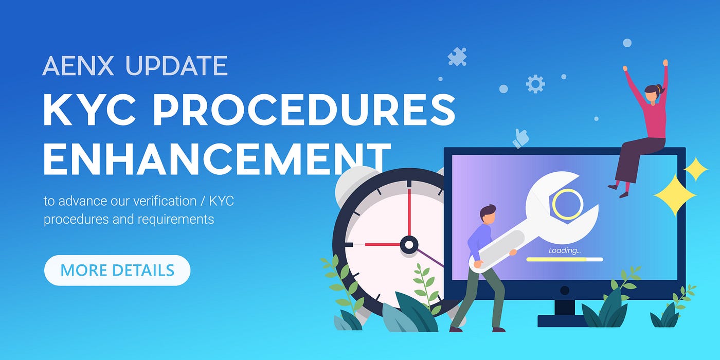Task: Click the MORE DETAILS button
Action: click(117, 271)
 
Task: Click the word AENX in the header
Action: click(78, 66)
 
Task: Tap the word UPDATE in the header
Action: click(176, 66)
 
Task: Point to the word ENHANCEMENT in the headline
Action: click(217, 158)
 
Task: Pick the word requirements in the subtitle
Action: click(176, 220)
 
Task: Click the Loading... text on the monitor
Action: click(565, 250)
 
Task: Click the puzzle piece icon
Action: click(457, 57)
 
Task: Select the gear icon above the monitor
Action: click(535, 84)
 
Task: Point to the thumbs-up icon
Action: click(520, 139)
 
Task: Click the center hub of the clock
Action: click(409, 245)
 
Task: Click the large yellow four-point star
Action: click(675, 195)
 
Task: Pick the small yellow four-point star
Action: click(695, 169)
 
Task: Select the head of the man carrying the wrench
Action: click(488, 215)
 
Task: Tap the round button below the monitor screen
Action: click(565, 291)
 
